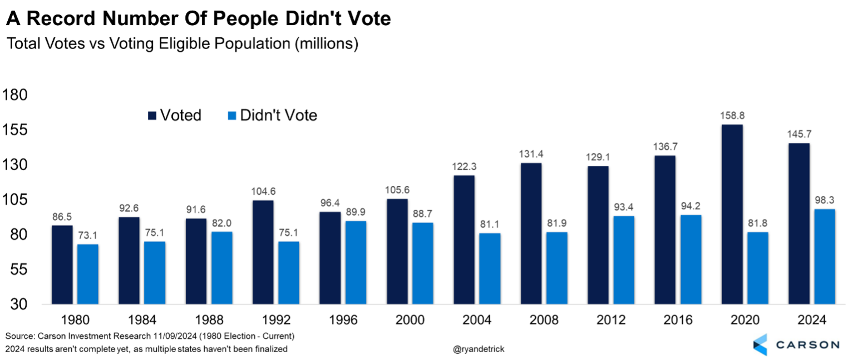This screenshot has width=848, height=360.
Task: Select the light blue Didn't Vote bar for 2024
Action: [x=824, y=257]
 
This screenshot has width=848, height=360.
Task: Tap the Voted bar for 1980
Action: [x=62, y=265]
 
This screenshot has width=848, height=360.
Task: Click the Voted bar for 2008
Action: [x=531, y=234]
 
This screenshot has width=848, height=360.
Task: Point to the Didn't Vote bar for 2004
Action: [x=490, y=269]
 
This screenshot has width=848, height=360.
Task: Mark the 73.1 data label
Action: [x=88, y=236]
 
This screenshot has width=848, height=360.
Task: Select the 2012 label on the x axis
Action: [x=610, y=320]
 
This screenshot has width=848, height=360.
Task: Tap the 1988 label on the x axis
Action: [x=209, y=320]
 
